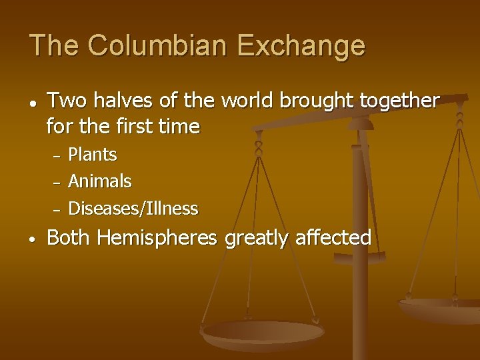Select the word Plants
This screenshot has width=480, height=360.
(x=93, y=155)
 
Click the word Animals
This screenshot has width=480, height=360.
(x=100, y=181)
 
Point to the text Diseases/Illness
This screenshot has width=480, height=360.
(x=133, y=209)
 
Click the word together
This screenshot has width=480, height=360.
(x=399, y=101)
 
